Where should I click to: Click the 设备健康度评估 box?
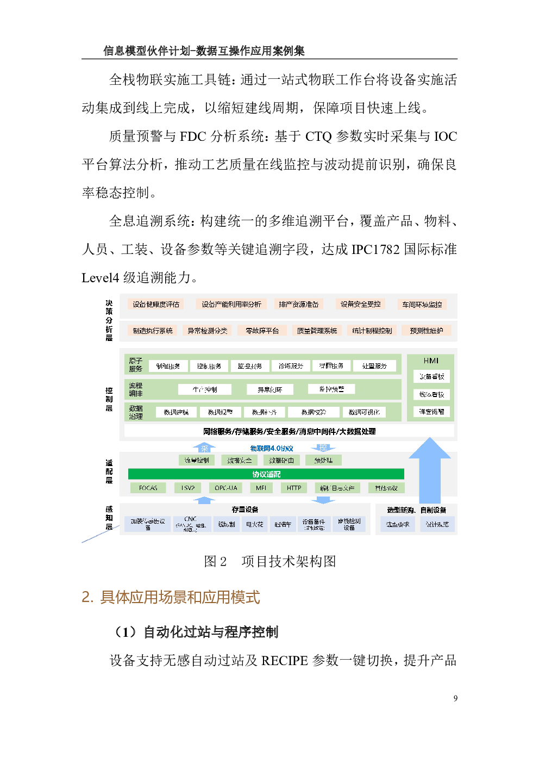[x=156, y=304]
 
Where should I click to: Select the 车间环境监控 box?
[x=422, y=305]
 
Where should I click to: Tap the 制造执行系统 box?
[x=153, y=331]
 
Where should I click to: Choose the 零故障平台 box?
[x=262, y=331]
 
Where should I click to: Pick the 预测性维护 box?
[x=426, y=331]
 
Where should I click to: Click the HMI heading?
[x=431, y=361]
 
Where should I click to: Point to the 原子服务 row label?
[x=136, y=365]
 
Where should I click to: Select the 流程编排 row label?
[x=136, y=389]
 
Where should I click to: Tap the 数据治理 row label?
[x=136, y=412]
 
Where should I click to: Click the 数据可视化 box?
[x=364, y=412]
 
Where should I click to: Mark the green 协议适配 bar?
[x=266, y=474]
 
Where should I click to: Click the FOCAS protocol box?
[x=148, y=488]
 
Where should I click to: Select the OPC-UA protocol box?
[x=226, y=488]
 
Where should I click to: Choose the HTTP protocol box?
[x=294, y=488]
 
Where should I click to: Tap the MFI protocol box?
[x=261, y=488]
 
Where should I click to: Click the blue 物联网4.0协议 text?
[x=272, y=448]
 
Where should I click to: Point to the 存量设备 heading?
[x=245, y=510]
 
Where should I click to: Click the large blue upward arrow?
[x=430, y=468]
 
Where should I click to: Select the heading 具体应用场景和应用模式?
[x=171, y=597]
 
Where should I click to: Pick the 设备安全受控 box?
[x=360, y=304]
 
